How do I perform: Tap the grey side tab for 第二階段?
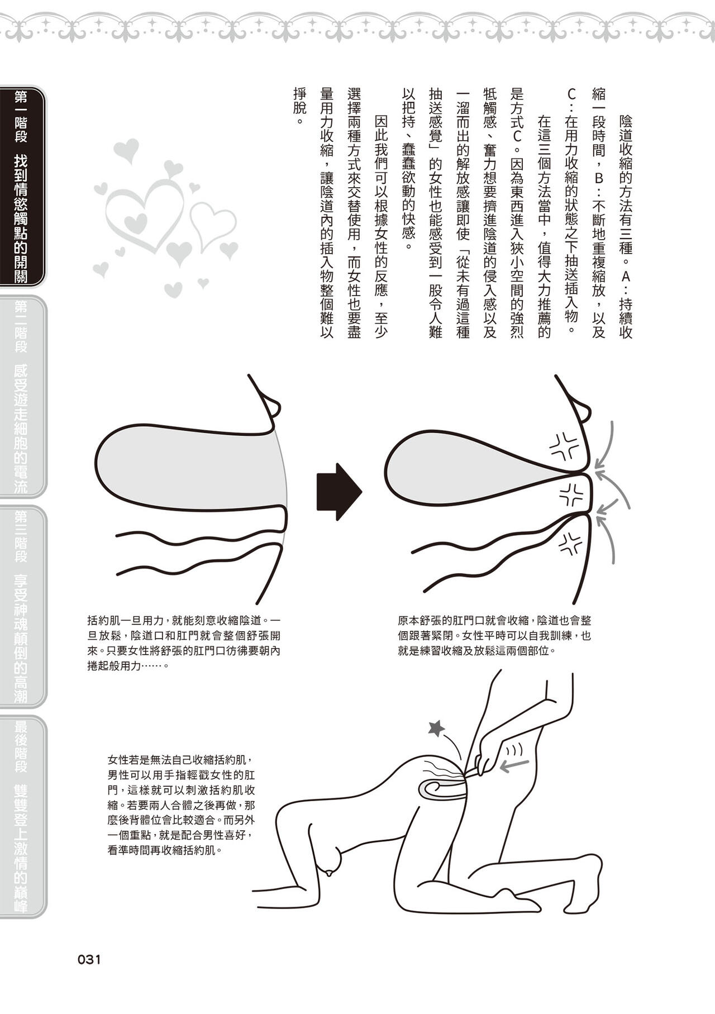[x=22, y=396]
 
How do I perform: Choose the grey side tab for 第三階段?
[x=22, y=606]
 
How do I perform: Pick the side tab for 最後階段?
[x=22, y=816]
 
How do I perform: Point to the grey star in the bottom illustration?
[x=436, y=727]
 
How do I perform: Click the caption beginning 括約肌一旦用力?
[x=184, y=644]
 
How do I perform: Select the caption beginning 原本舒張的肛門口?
[x=494, y=636]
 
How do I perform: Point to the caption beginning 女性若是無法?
[x=182, y=805]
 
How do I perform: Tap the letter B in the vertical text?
[x=598, y=178]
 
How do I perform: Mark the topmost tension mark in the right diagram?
[x=565, y=445]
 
